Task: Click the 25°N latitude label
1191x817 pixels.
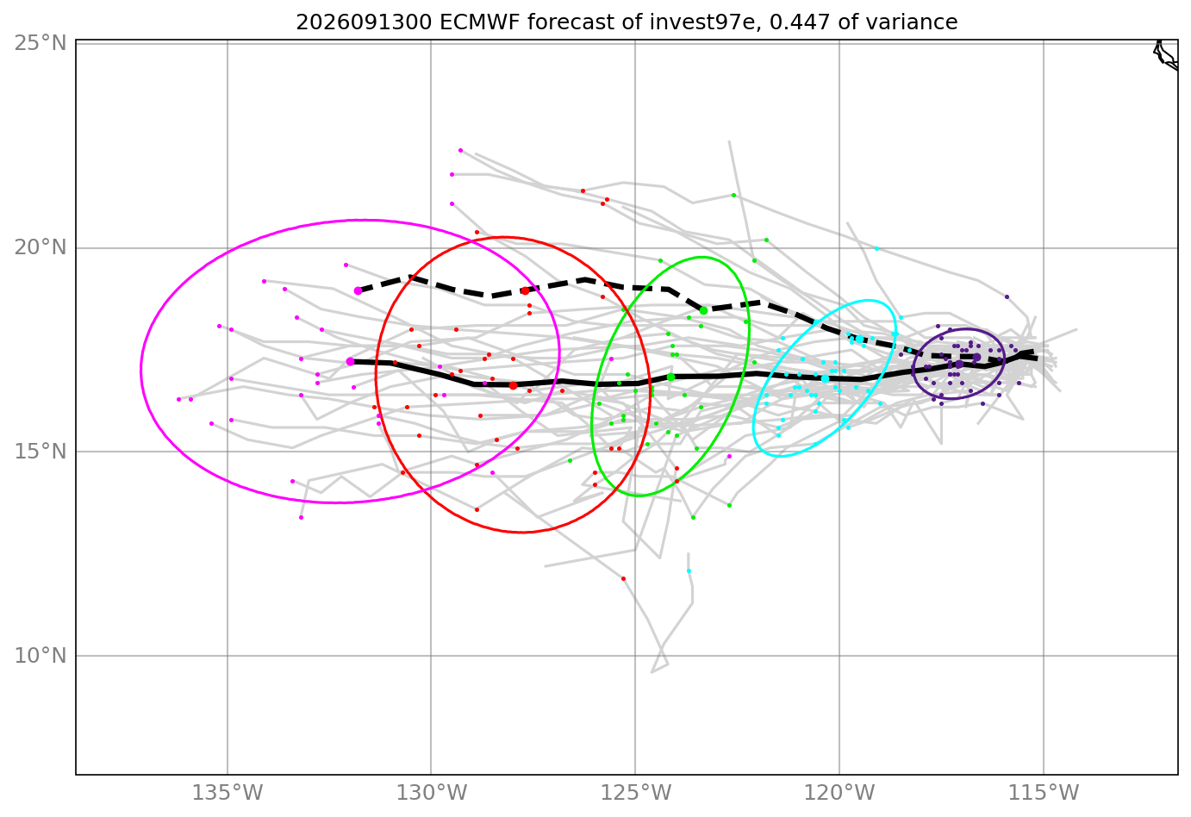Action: (41, 43)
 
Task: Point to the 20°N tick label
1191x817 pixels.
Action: (41, 247)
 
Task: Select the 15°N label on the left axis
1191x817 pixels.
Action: (41, 452)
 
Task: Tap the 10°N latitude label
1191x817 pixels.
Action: (41, 656)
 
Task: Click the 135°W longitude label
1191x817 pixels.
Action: (227, 793)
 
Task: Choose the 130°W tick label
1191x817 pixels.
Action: (431, 793)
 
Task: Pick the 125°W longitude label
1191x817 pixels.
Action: (635, 793)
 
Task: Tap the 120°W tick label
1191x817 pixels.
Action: (839, 793)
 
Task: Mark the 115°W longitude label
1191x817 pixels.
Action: (1043, 793)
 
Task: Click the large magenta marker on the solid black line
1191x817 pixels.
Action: (350, 361)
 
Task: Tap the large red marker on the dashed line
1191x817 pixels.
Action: (526, 290)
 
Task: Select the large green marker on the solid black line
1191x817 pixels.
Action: (670, 377)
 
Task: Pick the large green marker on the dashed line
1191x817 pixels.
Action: (703, 310)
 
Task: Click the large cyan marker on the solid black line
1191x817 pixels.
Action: (825, 379)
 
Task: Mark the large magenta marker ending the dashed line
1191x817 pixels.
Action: (358, 291)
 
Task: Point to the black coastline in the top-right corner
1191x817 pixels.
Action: (1165, 56)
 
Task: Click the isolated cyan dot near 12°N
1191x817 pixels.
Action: (689, 571)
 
